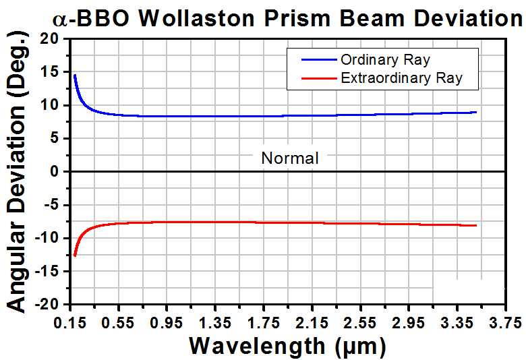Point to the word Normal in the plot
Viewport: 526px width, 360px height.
click(290, 159)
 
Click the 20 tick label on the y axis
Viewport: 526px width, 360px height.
click(49, 39)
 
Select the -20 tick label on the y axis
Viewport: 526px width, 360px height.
click(46, 304)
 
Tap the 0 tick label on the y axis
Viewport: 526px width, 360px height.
click(54, 172)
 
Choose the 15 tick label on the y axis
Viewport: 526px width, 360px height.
click(49, 72)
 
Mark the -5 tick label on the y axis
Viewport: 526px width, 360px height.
click(49, 205)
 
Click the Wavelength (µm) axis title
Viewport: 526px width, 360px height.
click(287, 346)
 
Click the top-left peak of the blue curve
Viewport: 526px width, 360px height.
click(74, 76)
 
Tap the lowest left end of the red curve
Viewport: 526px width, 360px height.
click(75, 256)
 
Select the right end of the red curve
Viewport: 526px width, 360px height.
click(476, 225)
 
